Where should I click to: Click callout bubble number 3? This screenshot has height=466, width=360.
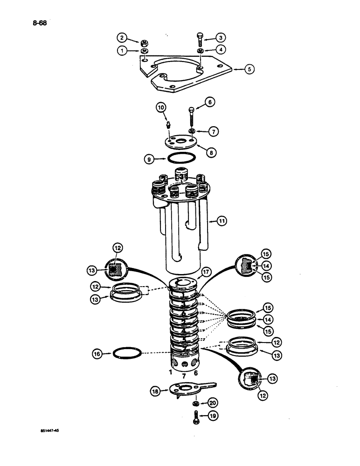point(219,38)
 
